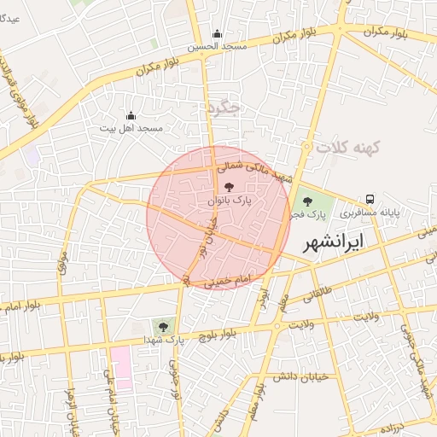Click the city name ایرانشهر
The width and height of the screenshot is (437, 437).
coord(345,242)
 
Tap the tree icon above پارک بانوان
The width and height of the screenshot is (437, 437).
coord(228,187)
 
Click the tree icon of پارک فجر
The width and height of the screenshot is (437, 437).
coord(307,201)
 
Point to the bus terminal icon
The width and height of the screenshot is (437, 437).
coord(370,199)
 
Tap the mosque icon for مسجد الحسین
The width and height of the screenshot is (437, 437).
coord(217,35)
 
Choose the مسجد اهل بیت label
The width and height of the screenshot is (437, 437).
coord(131,128)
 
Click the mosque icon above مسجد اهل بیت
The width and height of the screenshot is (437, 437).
coord(131,115)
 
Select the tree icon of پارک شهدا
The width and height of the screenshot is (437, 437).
coord(162,325)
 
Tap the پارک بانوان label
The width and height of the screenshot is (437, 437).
coord(228,201)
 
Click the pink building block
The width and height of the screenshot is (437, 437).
coord(121,367)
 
